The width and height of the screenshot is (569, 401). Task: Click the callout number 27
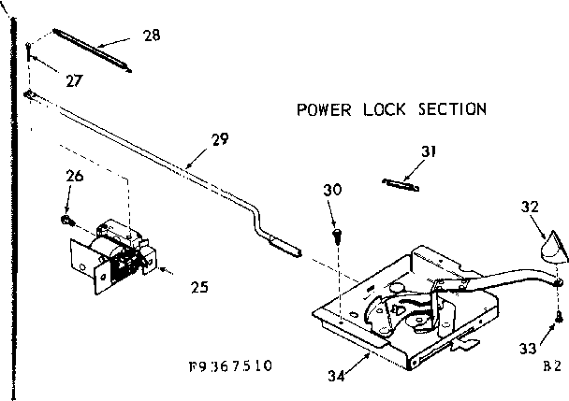coord(74,80)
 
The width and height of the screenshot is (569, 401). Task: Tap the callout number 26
coord(74,175)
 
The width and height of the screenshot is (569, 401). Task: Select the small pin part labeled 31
coord(399,181)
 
